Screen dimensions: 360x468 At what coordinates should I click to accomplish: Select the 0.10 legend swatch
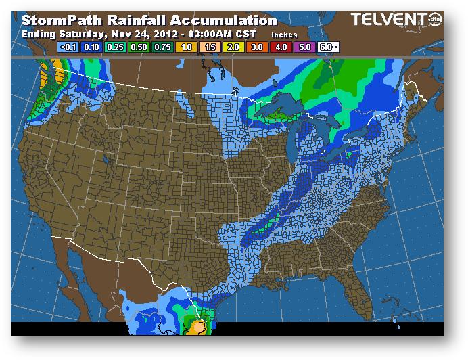click(91, 48)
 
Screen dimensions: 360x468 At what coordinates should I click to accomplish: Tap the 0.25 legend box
click(115, 48)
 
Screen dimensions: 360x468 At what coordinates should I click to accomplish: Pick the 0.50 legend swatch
click(139, 48)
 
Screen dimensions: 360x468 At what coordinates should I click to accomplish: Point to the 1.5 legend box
click(210, 48)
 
